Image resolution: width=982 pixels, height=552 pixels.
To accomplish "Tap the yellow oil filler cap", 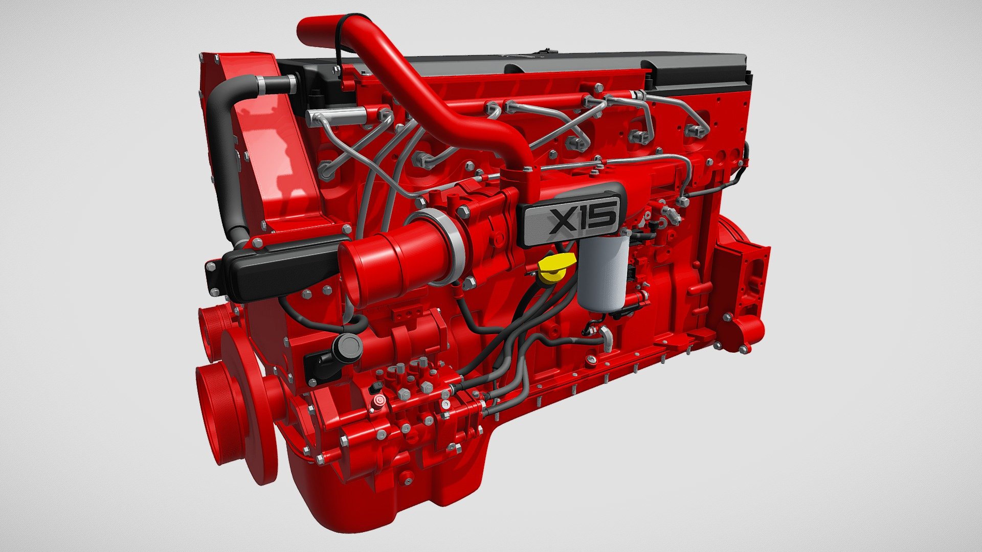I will tap(555, 268).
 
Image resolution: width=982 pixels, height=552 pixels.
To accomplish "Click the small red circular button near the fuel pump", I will tap(379, 401).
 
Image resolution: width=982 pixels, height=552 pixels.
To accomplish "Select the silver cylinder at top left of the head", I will tap(338, 116).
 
